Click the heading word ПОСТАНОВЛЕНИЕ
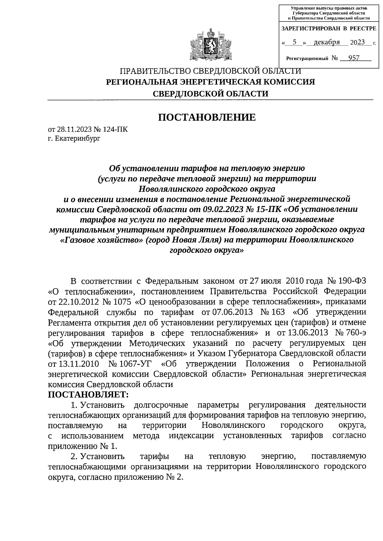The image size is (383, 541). pos(207,117)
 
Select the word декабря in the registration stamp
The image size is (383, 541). pos(327,42)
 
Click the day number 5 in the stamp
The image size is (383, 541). pos(294,42)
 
